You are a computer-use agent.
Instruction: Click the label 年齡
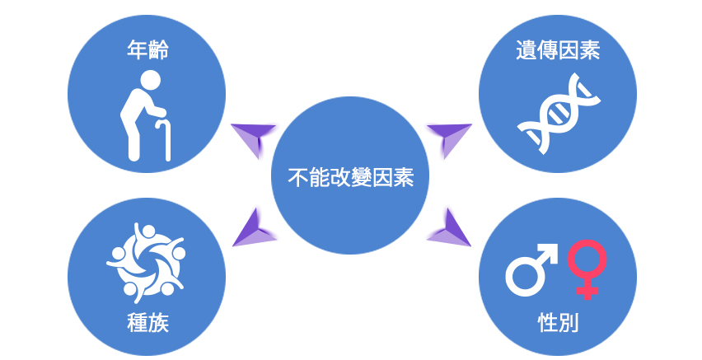(x=147, y=49)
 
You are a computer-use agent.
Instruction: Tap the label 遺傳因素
(x=557, y=49)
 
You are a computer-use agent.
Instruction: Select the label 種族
(x=147, y=322)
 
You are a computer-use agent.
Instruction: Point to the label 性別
(x=558, y=322)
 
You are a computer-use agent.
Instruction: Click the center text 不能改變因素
(x=350, y=177)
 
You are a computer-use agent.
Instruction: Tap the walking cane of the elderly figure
(x=164, y=139)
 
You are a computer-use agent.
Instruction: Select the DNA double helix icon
(x=559, y=114)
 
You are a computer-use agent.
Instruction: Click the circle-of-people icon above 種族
(x=146, y=263)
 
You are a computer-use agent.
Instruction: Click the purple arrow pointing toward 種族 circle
(x=254, y=228)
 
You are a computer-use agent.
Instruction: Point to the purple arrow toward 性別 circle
(x=449, y=228)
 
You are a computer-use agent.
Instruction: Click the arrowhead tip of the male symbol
(x=557, y=245)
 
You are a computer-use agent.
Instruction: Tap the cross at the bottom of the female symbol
(x=587, y=291)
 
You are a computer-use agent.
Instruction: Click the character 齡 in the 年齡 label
(x=158, y=49)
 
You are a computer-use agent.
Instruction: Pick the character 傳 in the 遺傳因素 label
(x=546, y=49)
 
